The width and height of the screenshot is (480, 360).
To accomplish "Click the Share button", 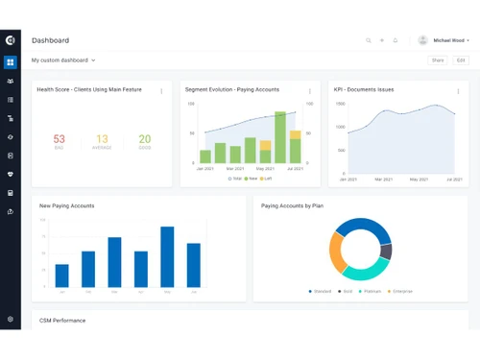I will click(438, 60).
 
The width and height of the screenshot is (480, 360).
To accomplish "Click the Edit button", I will click(461, 60).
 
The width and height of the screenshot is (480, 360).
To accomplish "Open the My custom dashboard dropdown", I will click(63, 60).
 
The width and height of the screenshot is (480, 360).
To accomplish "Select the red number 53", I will click(60, 140).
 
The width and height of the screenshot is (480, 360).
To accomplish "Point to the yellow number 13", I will click(102, 140).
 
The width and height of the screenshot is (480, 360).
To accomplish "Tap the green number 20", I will click(144, 140).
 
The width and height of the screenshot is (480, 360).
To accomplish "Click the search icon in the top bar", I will click(368, 40).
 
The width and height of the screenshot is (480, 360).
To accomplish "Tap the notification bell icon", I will click(395, 40).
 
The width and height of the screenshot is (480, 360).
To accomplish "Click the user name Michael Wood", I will click(450, 40).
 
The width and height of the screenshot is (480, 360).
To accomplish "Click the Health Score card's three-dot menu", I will click(161, 91).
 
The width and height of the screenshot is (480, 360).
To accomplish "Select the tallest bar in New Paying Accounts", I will click(167, 257).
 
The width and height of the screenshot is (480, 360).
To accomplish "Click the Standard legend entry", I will click(321, 291).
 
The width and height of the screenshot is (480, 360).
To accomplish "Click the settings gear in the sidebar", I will click(10, 319).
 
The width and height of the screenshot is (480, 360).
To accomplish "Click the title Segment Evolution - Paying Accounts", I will click(231, 89).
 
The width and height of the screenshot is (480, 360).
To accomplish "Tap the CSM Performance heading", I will click(62, 320).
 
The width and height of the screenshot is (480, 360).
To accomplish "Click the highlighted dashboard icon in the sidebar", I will click(10, 62).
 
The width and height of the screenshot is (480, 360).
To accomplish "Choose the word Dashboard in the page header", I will click(50, 40).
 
